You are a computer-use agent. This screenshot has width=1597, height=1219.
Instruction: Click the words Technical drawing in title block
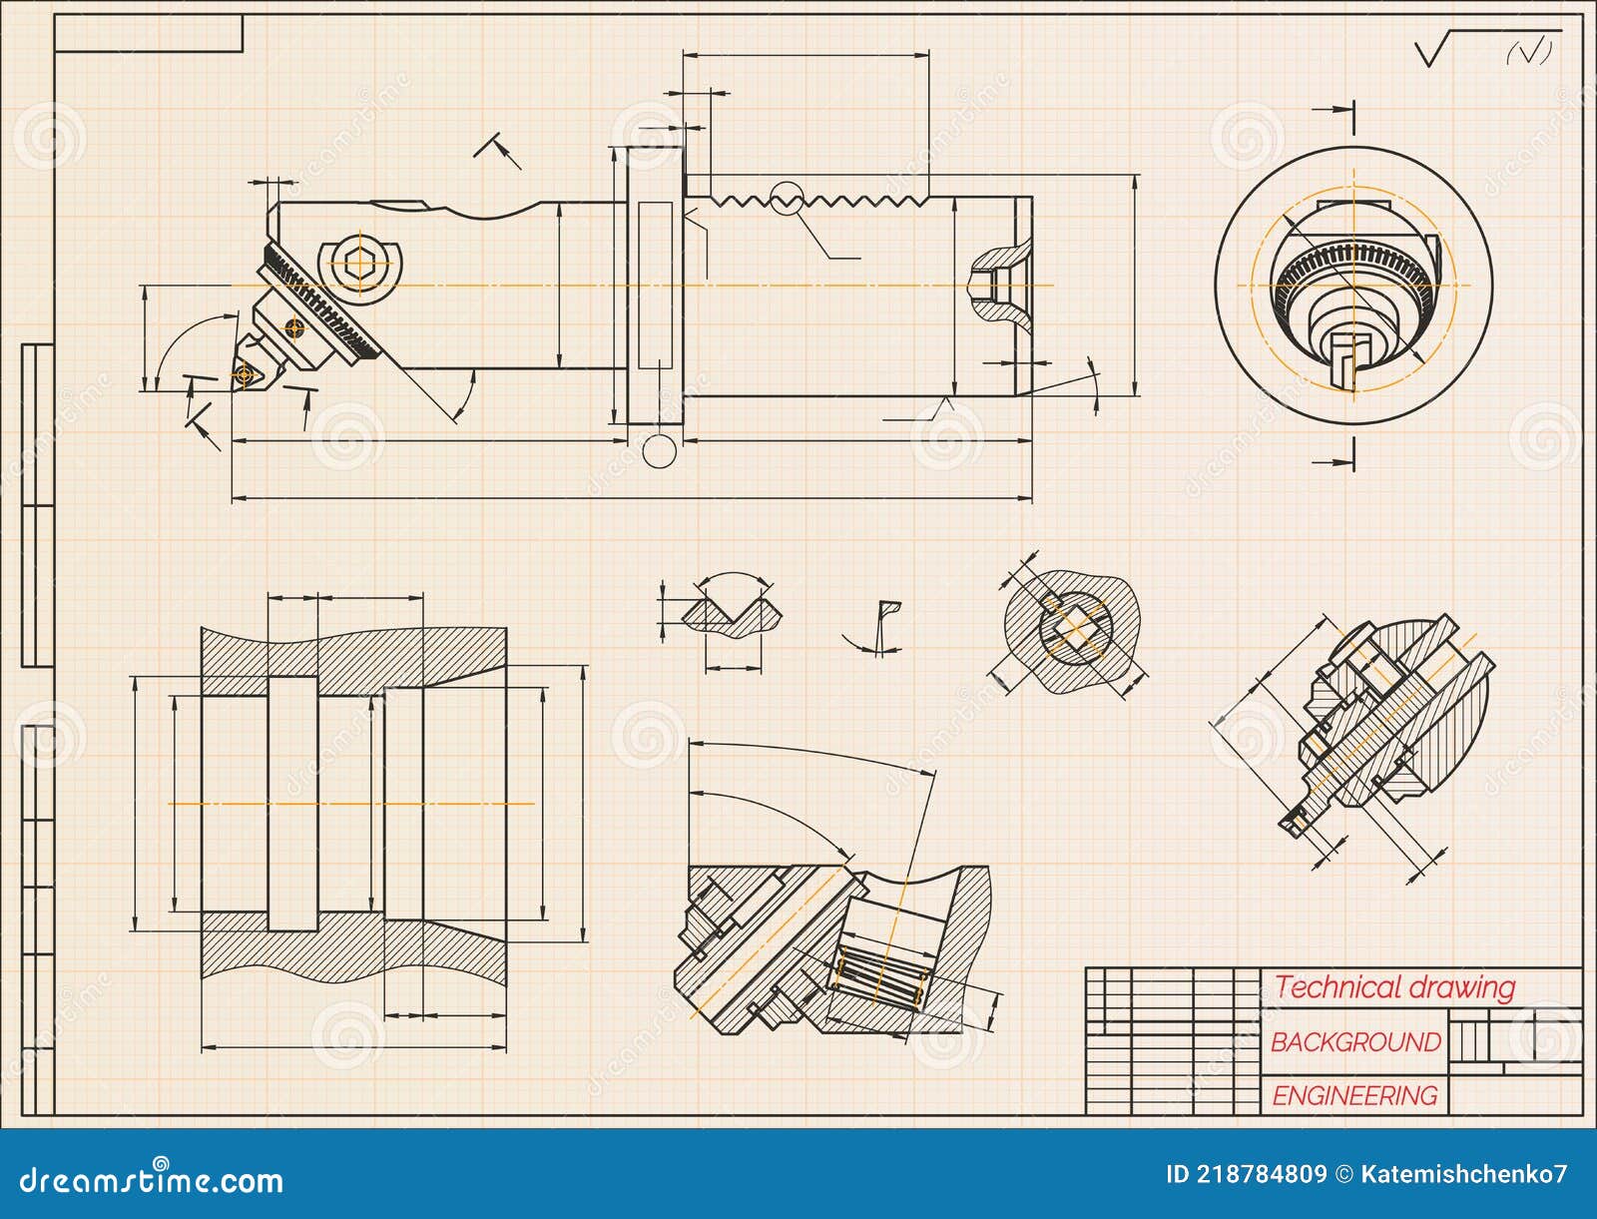pyautogui.click(x=1394, y=988)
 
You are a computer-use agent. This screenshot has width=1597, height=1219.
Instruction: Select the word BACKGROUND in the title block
pyautogui.click(x=1355, y=1042)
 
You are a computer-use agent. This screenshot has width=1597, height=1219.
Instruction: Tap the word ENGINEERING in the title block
pyautogui.click(x=1354, y=1096)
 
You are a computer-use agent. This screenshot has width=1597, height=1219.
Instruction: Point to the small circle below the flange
pyautogui.click(x=658, y=450)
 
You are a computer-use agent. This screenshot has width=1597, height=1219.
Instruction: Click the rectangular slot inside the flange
pyautogui.click(x=655, y=285)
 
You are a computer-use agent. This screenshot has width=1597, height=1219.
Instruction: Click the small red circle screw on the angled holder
pyautogui.click(x=292, y=325)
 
